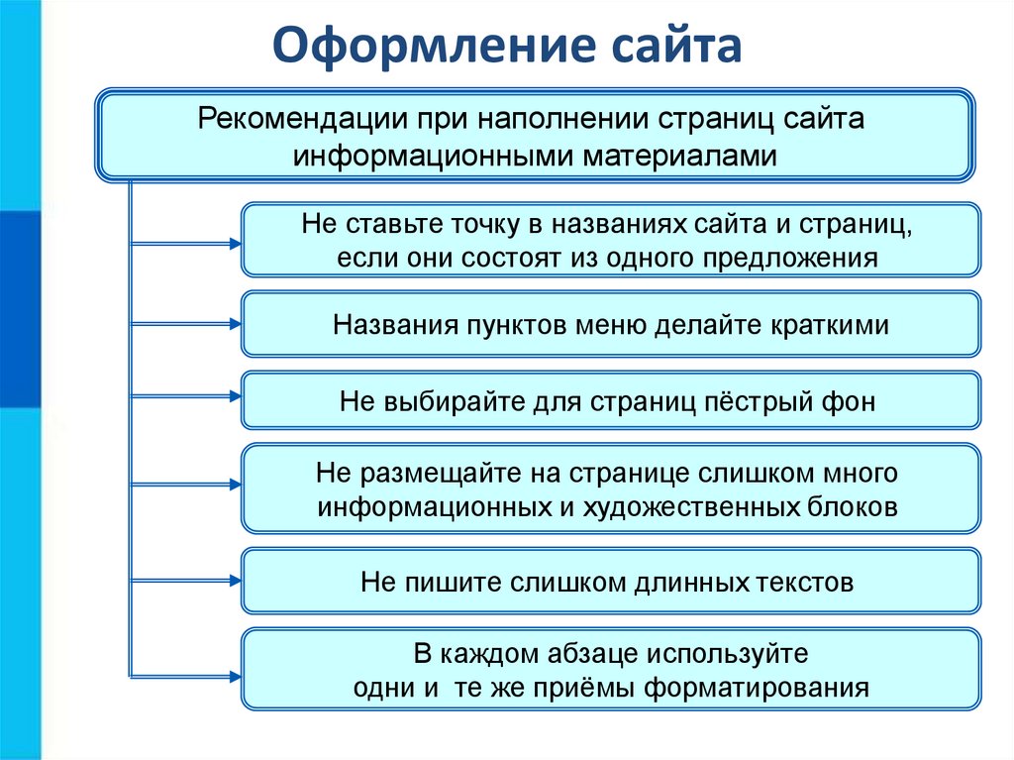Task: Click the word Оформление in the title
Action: pyautogui.click(x=432, y=47)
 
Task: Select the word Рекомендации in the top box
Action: pyautogui.click(x=302, y=120)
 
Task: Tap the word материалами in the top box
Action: pyautogui.click(x=679, y=156)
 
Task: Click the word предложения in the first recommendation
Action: pyautogui.click(x=790, y=259)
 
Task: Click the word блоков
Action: pyautogui.click(x=853, y=507)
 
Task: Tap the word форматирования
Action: pyautogui.click(x=757, y=688)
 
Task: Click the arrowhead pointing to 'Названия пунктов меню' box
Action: pyautogui.click(x=236, y=324)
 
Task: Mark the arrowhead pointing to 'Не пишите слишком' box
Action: pyautogui.click(x=236, y=581)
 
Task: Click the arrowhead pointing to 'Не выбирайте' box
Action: pyautogui.click(x=236, y=396)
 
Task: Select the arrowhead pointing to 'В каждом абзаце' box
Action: pyautogui.click(x=236, y=677)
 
